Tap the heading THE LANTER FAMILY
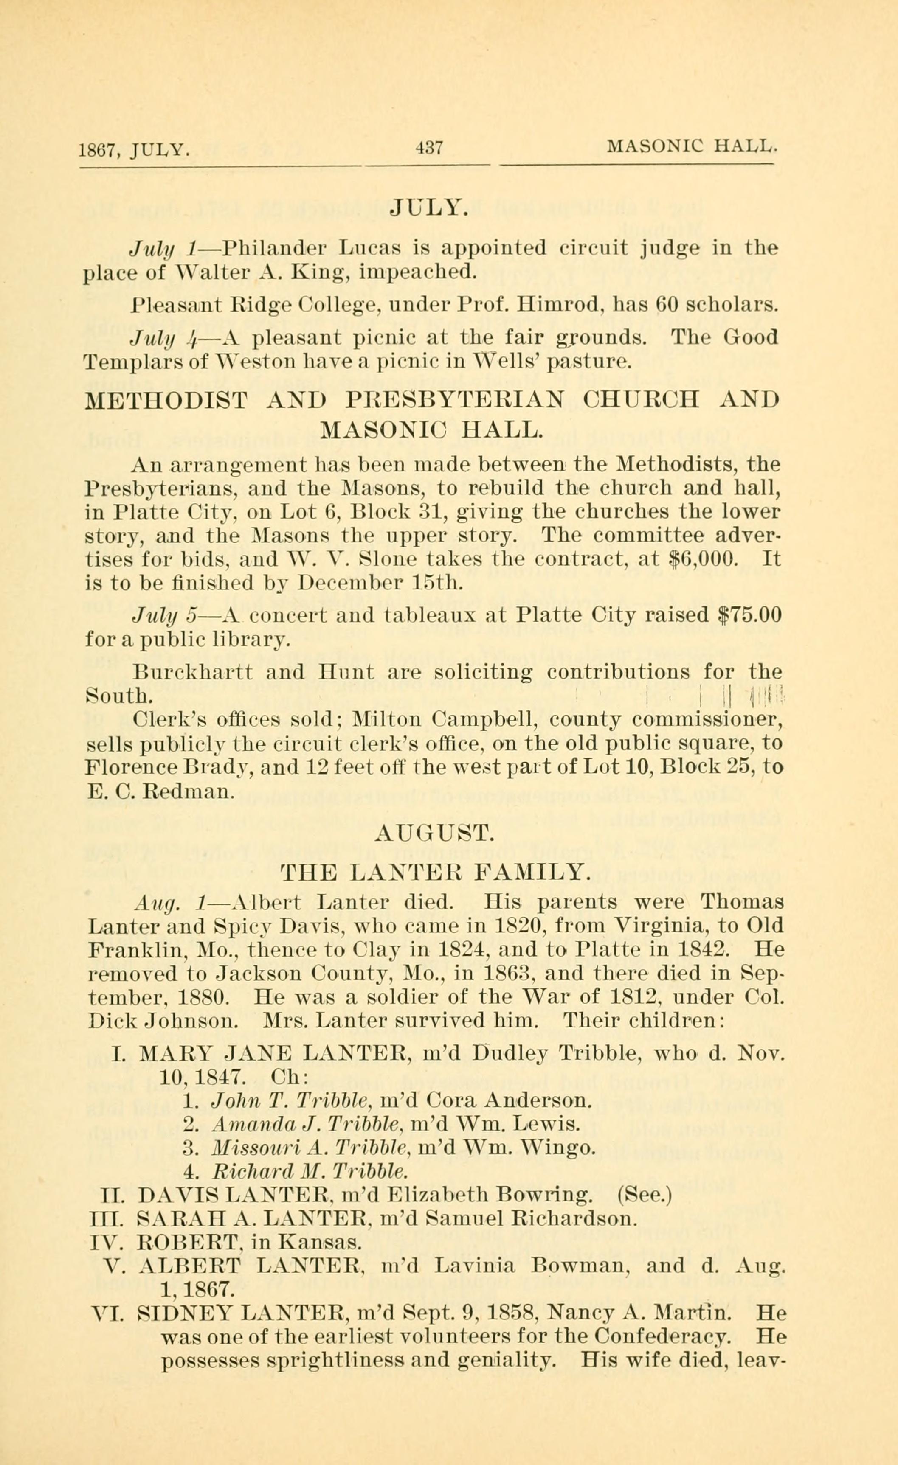click(x=435, y=872)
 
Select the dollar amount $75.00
click(x=746, y=614)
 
